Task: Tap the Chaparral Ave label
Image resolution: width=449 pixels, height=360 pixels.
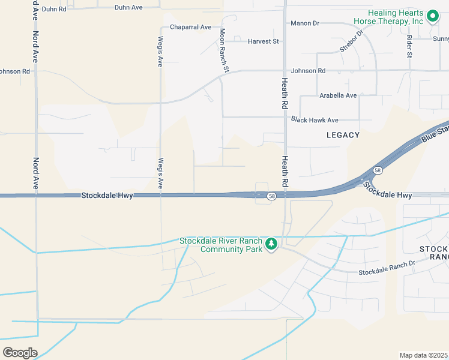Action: [191, 27]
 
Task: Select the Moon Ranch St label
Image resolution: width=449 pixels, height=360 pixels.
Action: [223, 50]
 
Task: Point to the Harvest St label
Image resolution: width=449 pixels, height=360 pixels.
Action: [264, 41]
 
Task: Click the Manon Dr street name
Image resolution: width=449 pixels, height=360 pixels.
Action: [305, 23]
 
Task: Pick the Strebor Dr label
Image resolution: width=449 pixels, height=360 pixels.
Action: [351, 41]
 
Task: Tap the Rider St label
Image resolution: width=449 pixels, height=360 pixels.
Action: [409, 46]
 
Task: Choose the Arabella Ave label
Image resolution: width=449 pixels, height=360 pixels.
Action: [338, 95]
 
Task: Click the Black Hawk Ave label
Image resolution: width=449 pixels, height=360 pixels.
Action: [315, 120]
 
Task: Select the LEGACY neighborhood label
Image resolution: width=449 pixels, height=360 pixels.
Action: [343, 135]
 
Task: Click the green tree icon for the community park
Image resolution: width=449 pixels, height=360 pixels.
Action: [271, 244]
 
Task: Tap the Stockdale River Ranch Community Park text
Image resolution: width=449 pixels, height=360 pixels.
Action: [221, 245]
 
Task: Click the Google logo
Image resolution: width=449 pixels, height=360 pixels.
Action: [20, 352]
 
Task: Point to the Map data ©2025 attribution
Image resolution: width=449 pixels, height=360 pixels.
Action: [424, 355]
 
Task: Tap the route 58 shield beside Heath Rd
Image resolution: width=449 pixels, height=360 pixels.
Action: [272, 196]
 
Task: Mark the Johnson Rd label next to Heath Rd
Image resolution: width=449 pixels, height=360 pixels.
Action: [309, 71]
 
